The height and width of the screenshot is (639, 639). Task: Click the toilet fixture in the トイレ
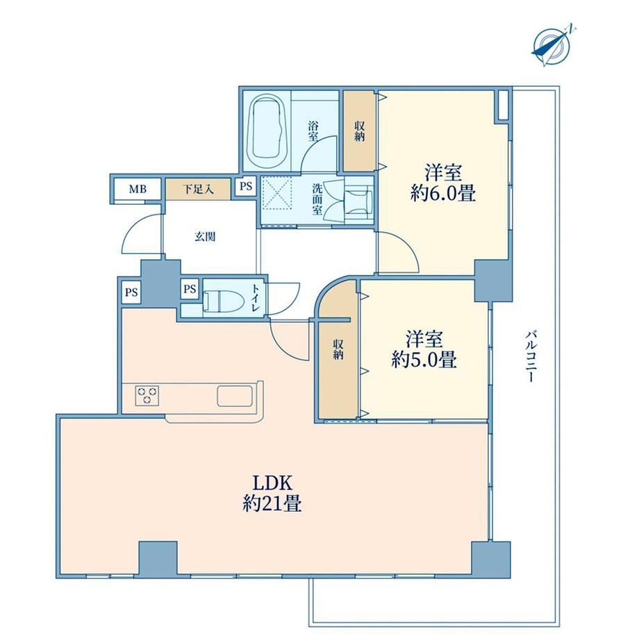point(224,301)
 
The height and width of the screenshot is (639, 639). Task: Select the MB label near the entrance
point(138,189)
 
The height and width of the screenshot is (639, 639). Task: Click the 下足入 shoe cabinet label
point(198,189)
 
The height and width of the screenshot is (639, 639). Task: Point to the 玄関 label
point(205,236)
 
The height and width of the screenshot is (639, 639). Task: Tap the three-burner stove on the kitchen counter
point(147,395)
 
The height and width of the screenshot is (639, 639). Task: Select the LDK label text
point(273,483)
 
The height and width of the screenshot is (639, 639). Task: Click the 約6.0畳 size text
point(443,193)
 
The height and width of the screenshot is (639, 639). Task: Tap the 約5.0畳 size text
point(424,359)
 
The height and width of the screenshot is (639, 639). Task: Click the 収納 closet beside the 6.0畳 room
point(359,131)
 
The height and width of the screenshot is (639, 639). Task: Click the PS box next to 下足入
point(246,187)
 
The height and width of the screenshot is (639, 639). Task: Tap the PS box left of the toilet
point(190,289)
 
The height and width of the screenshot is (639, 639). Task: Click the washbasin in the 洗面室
point(358,201)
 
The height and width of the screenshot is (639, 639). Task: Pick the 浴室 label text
point(313,131)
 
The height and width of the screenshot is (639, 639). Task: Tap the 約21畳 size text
point(272,504)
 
